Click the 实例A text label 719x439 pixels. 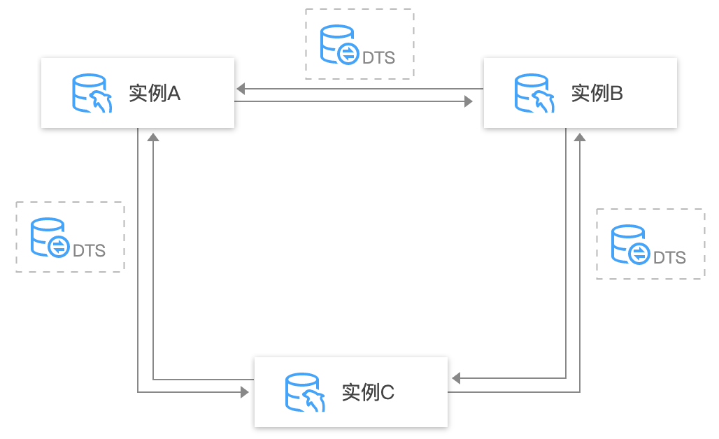click(x=155, y=93)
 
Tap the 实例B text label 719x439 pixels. click(x=597, y=93)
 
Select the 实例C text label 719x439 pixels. click(x=368, y=392)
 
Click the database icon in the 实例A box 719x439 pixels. click(x=92, y=93)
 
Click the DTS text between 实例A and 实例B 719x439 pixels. click(x=378, y=57)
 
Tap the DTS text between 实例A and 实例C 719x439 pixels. click(x=89, y=250)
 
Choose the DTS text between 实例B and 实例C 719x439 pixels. click(x=669, y=257)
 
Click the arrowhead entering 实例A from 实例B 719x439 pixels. click(x=240, y=89)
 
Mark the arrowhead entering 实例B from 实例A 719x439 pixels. click(x=469, y=102)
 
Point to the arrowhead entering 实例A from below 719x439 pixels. click(x=153, y=138)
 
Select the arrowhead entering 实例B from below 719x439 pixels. click(x=579, y=138)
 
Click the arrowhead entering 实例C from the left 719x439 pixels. click(x=244, y=392)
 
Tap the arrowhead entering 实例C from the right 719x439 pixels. click(x=456, y=378)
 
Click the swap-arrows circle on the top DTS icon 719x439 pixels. click(x=348, y=54)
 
